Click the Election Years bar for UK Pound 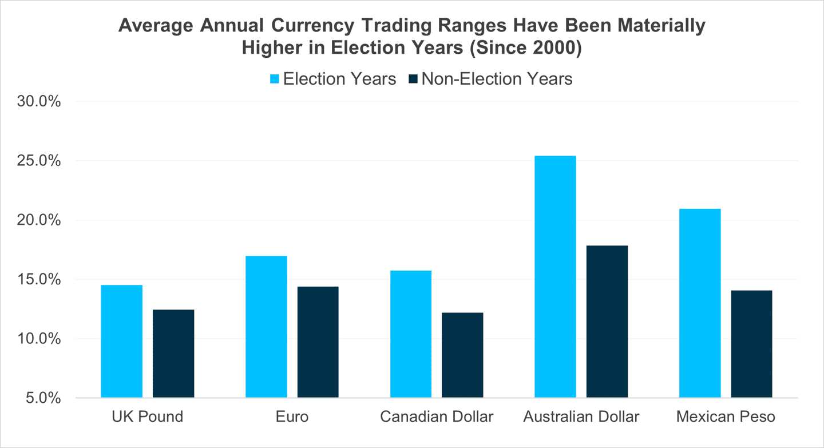(x=122, y=341)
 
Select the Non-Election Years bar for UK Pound (x=173, y=354)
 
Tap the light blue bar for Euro (x=266, y=327)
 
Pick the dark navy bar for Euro (x=318, y=342)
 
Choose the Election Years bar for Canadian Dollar (x=411, y=334)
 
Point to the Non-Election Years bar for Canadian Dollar (x=462, y=355)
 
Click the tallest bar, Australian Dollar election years (x=555, y=276)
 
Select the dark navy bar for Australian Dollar (x=607, y=322)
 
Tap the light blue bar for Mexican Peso (x=700, y=303)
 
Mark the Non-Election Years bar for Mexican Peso (x=751, y=344)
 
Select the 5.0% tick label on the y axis (x=39, y=398)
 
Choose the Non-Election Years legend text (x=497, y=79)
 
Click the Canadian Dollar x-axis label (x=437, y=417)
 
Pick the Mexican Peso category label (x=726, y=417)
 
